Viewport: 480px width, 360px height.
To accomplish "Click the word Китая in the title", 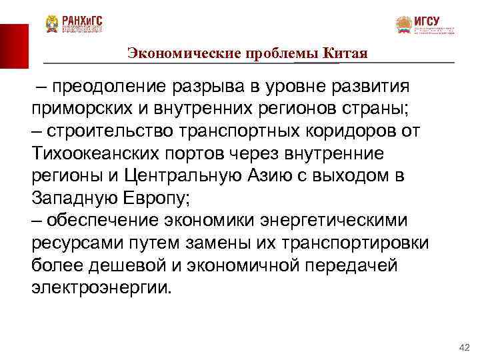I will coord(346,53).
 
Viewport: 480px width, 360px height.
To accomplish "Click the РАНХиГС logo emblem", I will coord(52,25).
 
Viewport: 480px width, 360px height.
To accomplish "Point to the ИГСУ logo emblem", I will coord(404,25).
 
